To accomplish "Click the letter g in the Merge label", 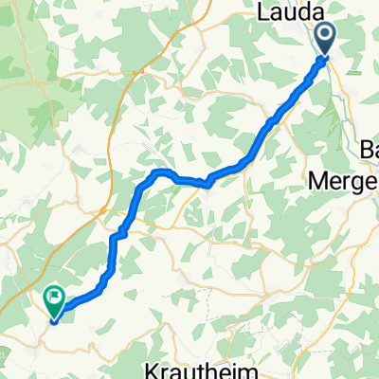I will tap(364, 182).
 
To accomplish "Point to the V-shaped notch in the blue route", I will tap(208, 182).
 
